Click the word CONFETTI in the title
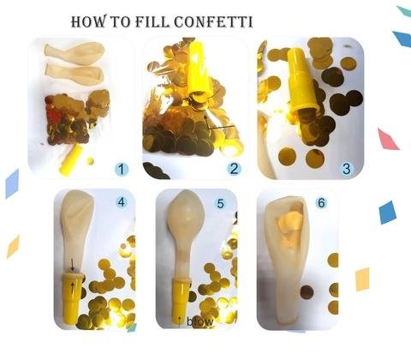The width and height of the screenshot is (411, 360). click(x=213, y=21)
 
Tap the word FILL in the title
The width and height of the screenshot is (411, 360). click(x=152, y=21)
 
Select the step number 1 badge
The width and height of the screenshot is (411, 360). click(x=122, y=169)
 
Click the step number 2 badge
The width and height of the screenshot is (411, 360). click(x=234, y=169)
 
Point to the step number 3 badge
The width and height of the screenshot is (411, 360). click(x=346, y=169)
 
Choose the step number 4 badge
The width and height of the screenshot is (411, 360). click(x=122, y=202)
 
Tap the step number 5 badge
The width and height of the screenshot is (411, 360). click(x=220, y=203)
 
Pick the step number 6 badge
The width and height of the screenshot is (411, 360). click(x=321, y=203)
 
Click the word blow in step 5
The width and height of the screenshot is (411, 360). click(x=200, y=321)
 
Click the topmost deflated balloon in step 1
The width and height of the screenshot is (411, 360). click(x=74, y=52)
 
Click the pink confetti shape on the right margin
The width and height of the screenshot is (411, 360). click(x=388, y=139)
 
